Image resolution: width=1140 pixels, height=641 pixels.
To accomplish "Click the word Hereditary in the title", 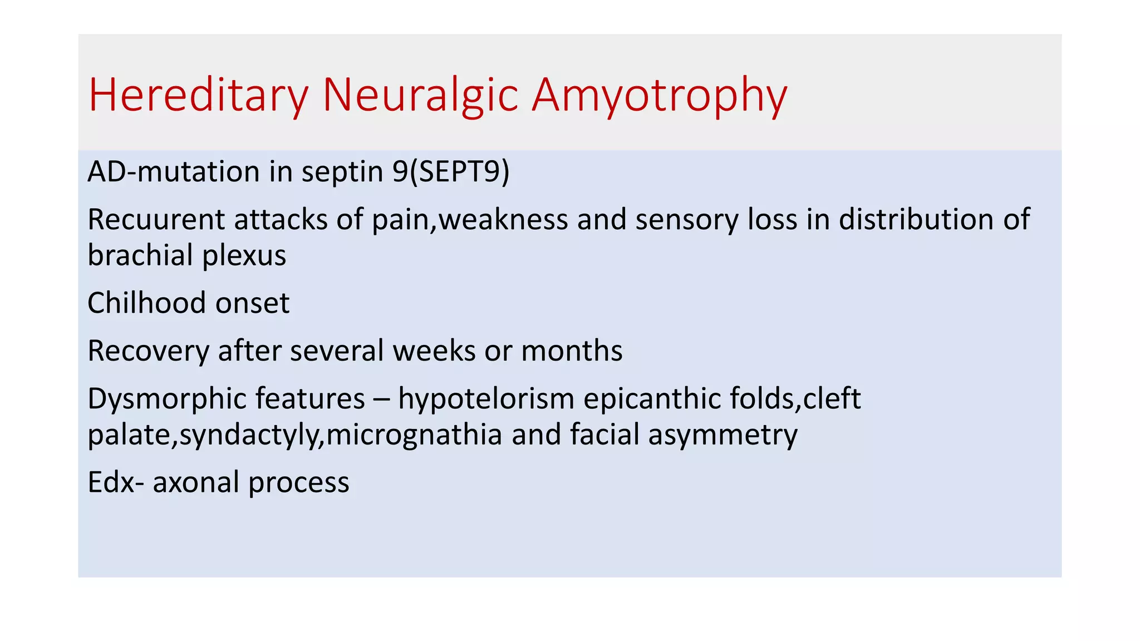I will point(198,96).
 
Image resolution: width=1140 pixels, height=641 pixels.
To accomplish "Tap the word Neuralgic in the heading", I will point(420,96).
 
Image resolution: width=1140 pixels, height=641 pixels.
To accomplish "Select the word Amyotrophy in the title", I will point(659,96).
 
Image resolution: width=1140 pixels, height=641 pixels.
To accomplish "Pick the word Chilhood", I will point(146,303).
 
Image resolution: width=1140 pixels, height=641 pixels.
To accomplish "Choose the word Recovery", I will point(148,351).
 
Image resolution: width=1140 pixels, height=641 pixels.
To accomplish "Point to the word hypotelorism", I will point(486,399).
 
